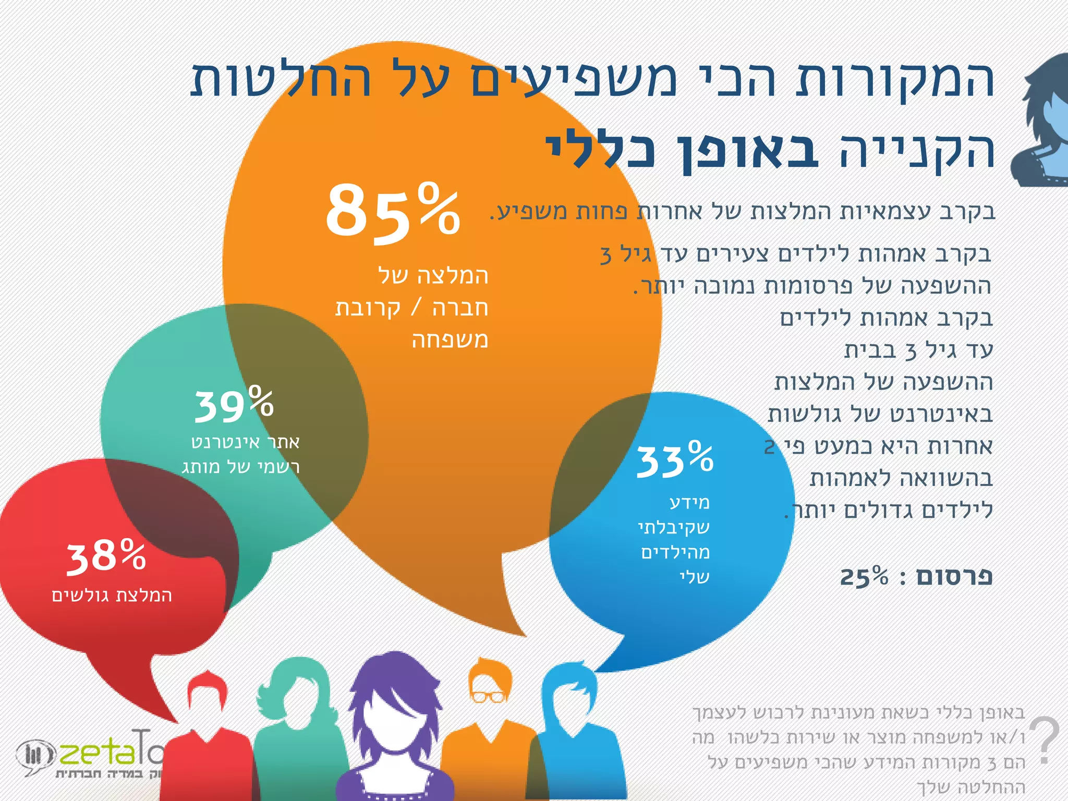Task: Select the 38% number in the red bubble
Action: (x=106, y=557)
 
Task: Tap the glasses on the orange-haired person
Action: (x=488, y=697)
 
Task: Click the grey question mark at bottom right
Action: (x=1045, y=741)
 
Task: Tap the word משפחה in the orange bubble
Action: (x=450, y=340)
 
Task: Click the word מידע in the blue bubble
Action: (x=689, y=503)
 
